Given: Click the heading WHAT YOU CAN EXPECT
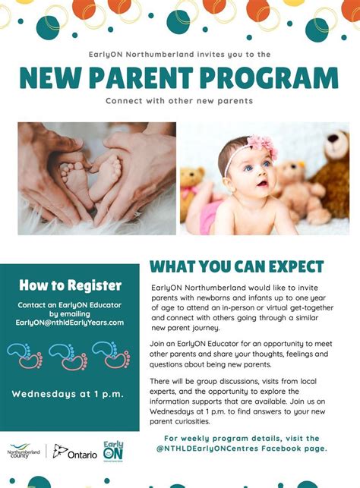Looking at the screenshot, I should click(236, 267).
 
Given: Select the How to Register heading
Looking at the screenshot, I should click(70, 285).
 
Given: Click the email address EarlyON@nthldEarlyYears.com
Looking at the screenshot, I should click(69, 323).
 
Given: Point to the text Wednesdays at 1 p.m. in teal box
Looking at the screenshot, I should click(68, 393).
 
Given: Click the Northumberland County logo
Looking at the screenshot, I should click(25, 452).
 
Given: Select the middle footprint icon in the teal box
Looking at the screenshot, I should click(68, 355).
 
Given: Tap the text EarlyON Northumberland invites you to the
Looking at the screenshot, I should click(179, 54).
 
